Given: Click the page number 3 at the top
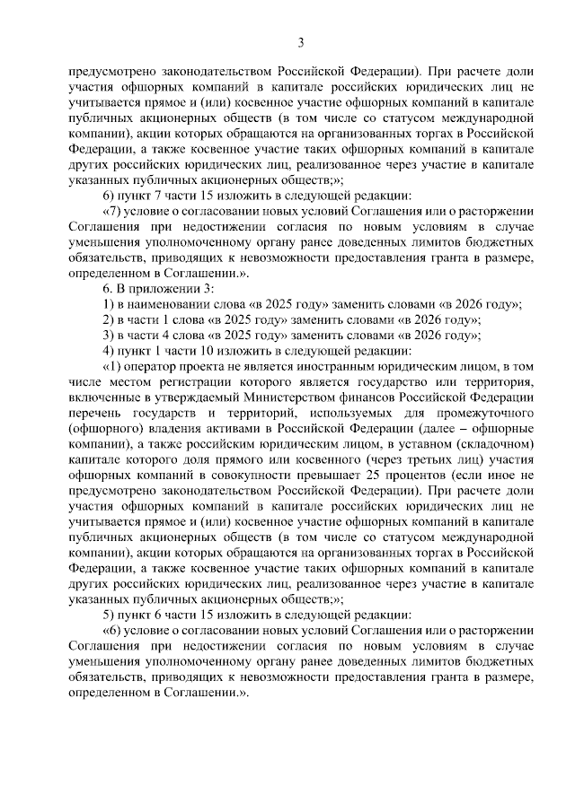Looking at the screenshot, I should (301, 42).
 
